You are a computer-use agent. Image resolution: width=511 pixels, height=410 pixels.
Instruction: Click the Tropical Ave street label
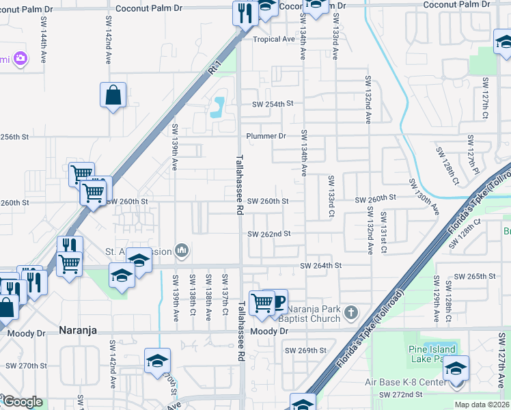click(x=274, y=39)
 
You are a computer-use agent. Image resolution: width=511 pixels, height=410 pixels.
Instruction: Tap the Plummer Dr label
click(x=266, y=136)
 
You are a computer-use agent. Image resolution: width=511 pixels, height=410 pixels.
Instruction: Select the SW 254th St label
click(x=272, y=104)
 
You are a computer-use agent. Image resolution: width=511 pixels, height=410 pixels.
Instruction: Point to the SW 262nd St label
click(x=269, y=234)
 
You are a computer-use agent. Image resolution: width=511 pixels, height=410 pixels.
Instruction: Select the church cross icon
click(x=351, y=313)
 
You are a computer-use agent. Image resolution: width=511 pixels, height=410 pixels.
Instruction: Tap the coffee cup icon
click(x=277, y=301)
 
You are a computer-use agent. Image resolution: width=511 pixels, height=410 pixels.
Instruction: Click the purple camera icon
click(x=20, y=58)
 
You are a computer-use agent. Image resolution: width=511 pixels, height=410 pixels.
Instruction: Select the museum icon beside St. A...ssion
click(x=182, y=251)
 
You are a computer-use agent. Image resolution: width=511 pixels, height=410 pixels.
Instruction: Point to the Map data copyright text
click(x=482, y=405)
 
